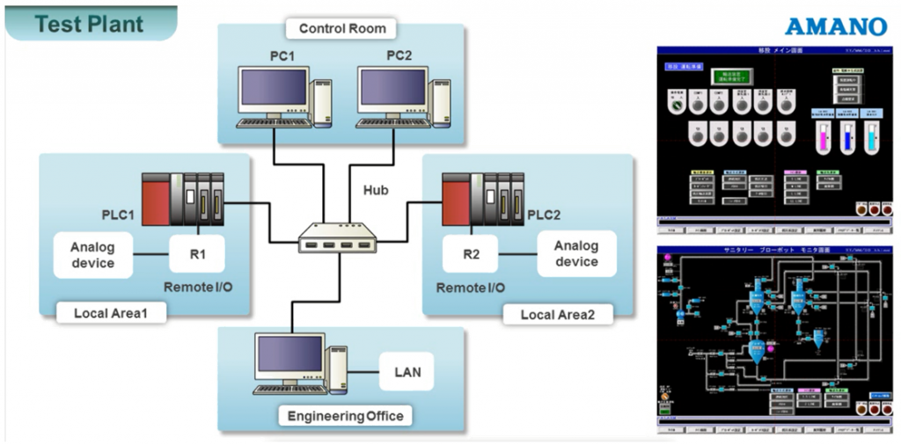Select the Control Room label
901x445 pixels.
[342, 28]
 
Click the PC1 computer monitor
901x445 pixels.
[274, 90]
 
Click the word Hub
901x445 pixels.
[376, 190]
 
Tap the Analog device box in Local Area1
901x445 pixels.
[92, 255]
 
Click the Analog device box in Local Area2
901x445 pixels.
[576, 254]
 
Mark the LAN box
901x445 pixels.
[407, 372]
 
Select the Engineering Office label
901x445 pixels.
[345, 416]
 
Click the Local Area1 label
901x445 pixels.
[112, 313]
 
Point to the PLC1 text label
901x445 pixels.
[118, 215]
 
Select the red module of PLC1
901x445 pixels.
[156, 198]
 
